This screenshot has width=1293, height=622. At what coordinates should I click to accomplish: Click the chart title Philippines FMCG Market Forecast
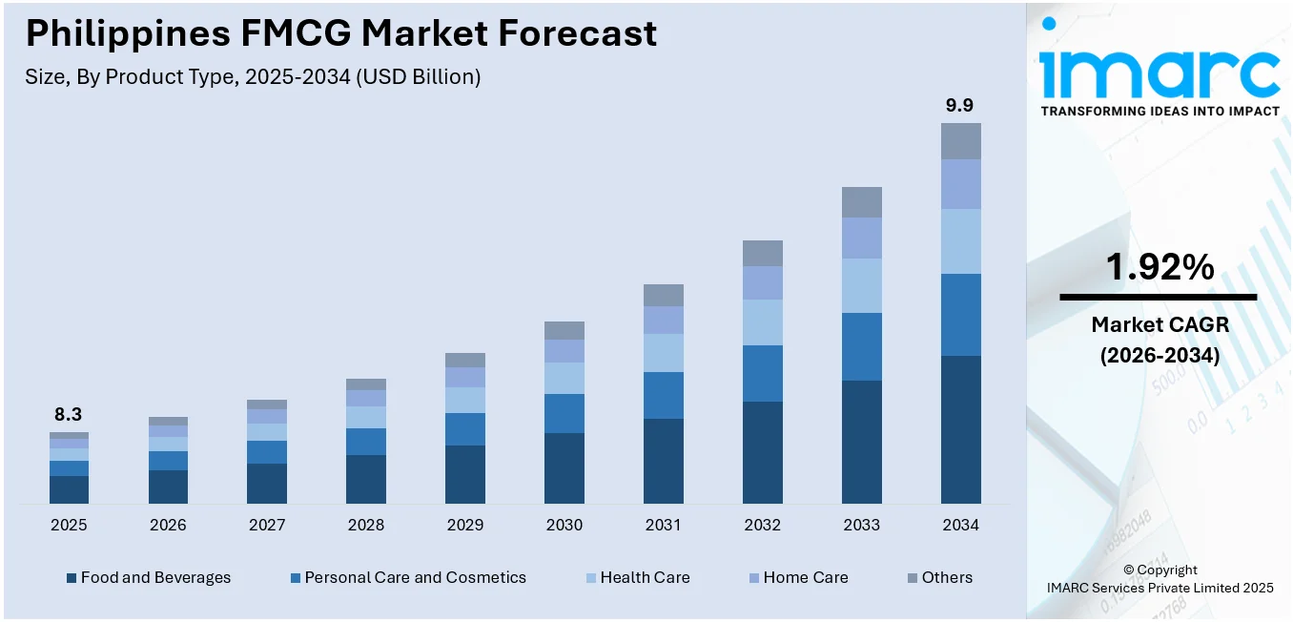coord(340,33)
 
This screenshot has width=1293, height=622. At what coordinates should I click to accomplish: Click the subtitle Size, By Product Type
coord(253,77)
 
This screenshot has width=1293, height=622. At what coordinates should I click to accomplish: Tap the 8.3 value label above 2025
coord(68,414)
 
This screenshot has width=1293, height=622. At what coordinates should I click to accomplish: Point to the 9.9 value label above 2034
coord(959,105)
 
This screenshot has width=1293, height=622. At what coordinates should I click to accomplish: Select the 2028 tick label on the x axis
coord(366,525)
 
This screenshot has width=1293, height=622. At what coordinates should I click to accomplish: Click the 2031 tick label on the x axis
coord(663,525)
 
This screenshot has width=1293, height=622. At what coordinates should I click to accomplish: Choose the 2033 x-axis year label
coord(861,525)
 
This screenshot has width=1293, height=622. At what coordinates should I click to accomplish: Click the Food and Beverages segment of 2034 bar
coord(960,429)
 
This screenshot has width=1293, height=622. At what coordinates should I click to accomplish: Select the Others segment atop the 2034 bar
coord(960,140)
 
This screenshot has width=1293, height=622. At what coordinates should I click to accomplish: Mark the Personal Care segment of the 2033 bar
coord(861,346)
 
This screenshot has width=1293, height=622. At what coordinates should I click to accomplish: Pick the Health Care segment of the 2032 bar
coord(762,322)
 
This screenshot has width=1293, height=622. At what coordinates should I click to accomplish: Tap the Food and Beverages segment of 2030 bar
coord(564,467)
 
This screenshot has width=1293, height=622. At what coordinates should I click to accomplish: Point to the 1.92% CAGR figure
coord(1160,268)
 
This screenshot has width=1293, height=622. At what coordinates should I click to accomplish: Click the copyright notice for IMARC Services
coord(1160,579)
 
